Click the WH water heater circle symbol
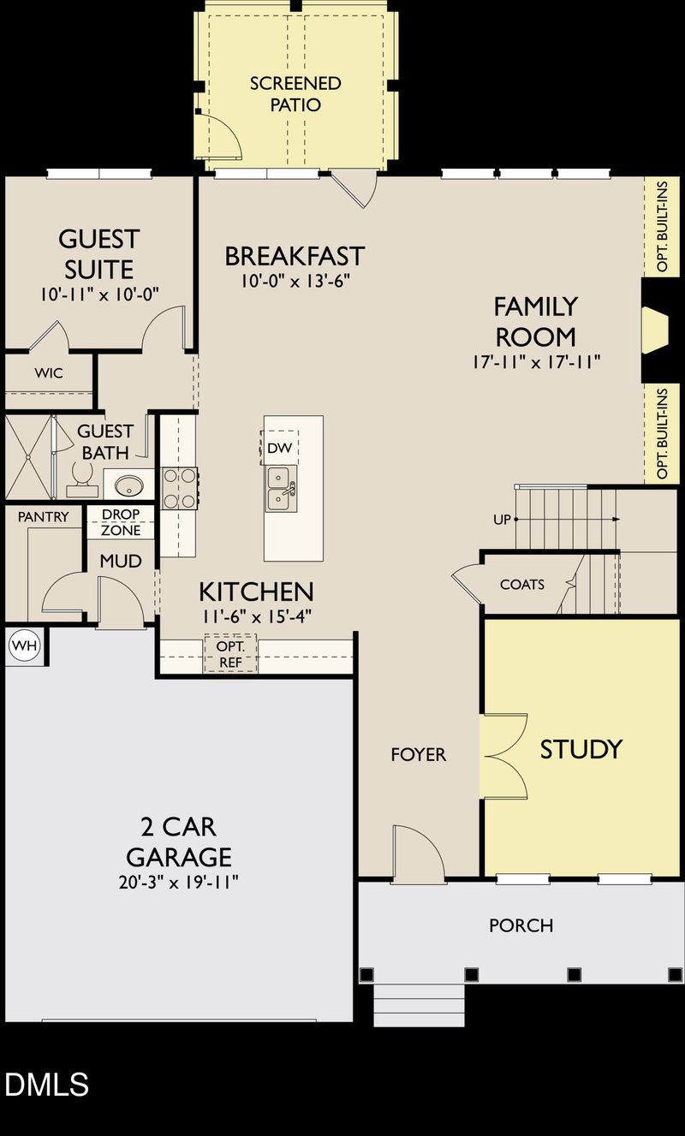(24, 645)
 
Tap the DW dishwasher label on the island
(279, 448)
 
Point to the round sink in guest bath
(129, 485)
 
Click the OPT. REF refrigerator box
(230, 654)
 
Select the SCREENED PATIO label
(295, 94)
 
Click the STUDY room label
(581, 749)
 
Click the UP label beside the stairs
(503, 520)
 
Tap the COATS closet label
(521, 585)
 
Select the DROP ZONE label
(121, 522)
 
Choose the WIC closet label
(49, 373)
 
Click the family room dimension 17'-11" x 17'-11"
(535, 361)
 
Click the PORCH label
(521, 925)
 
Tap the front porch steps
(420, 1005)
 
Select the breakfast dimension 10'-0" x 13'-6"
(295, 280)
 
